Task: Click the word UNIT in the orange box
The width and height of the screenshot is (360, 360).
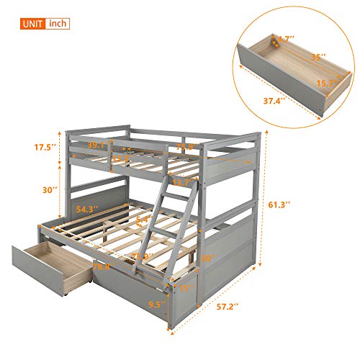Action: pos(31,24)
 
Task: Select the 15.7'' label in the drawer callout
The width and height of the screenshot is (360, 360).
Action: pos(326,84)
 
